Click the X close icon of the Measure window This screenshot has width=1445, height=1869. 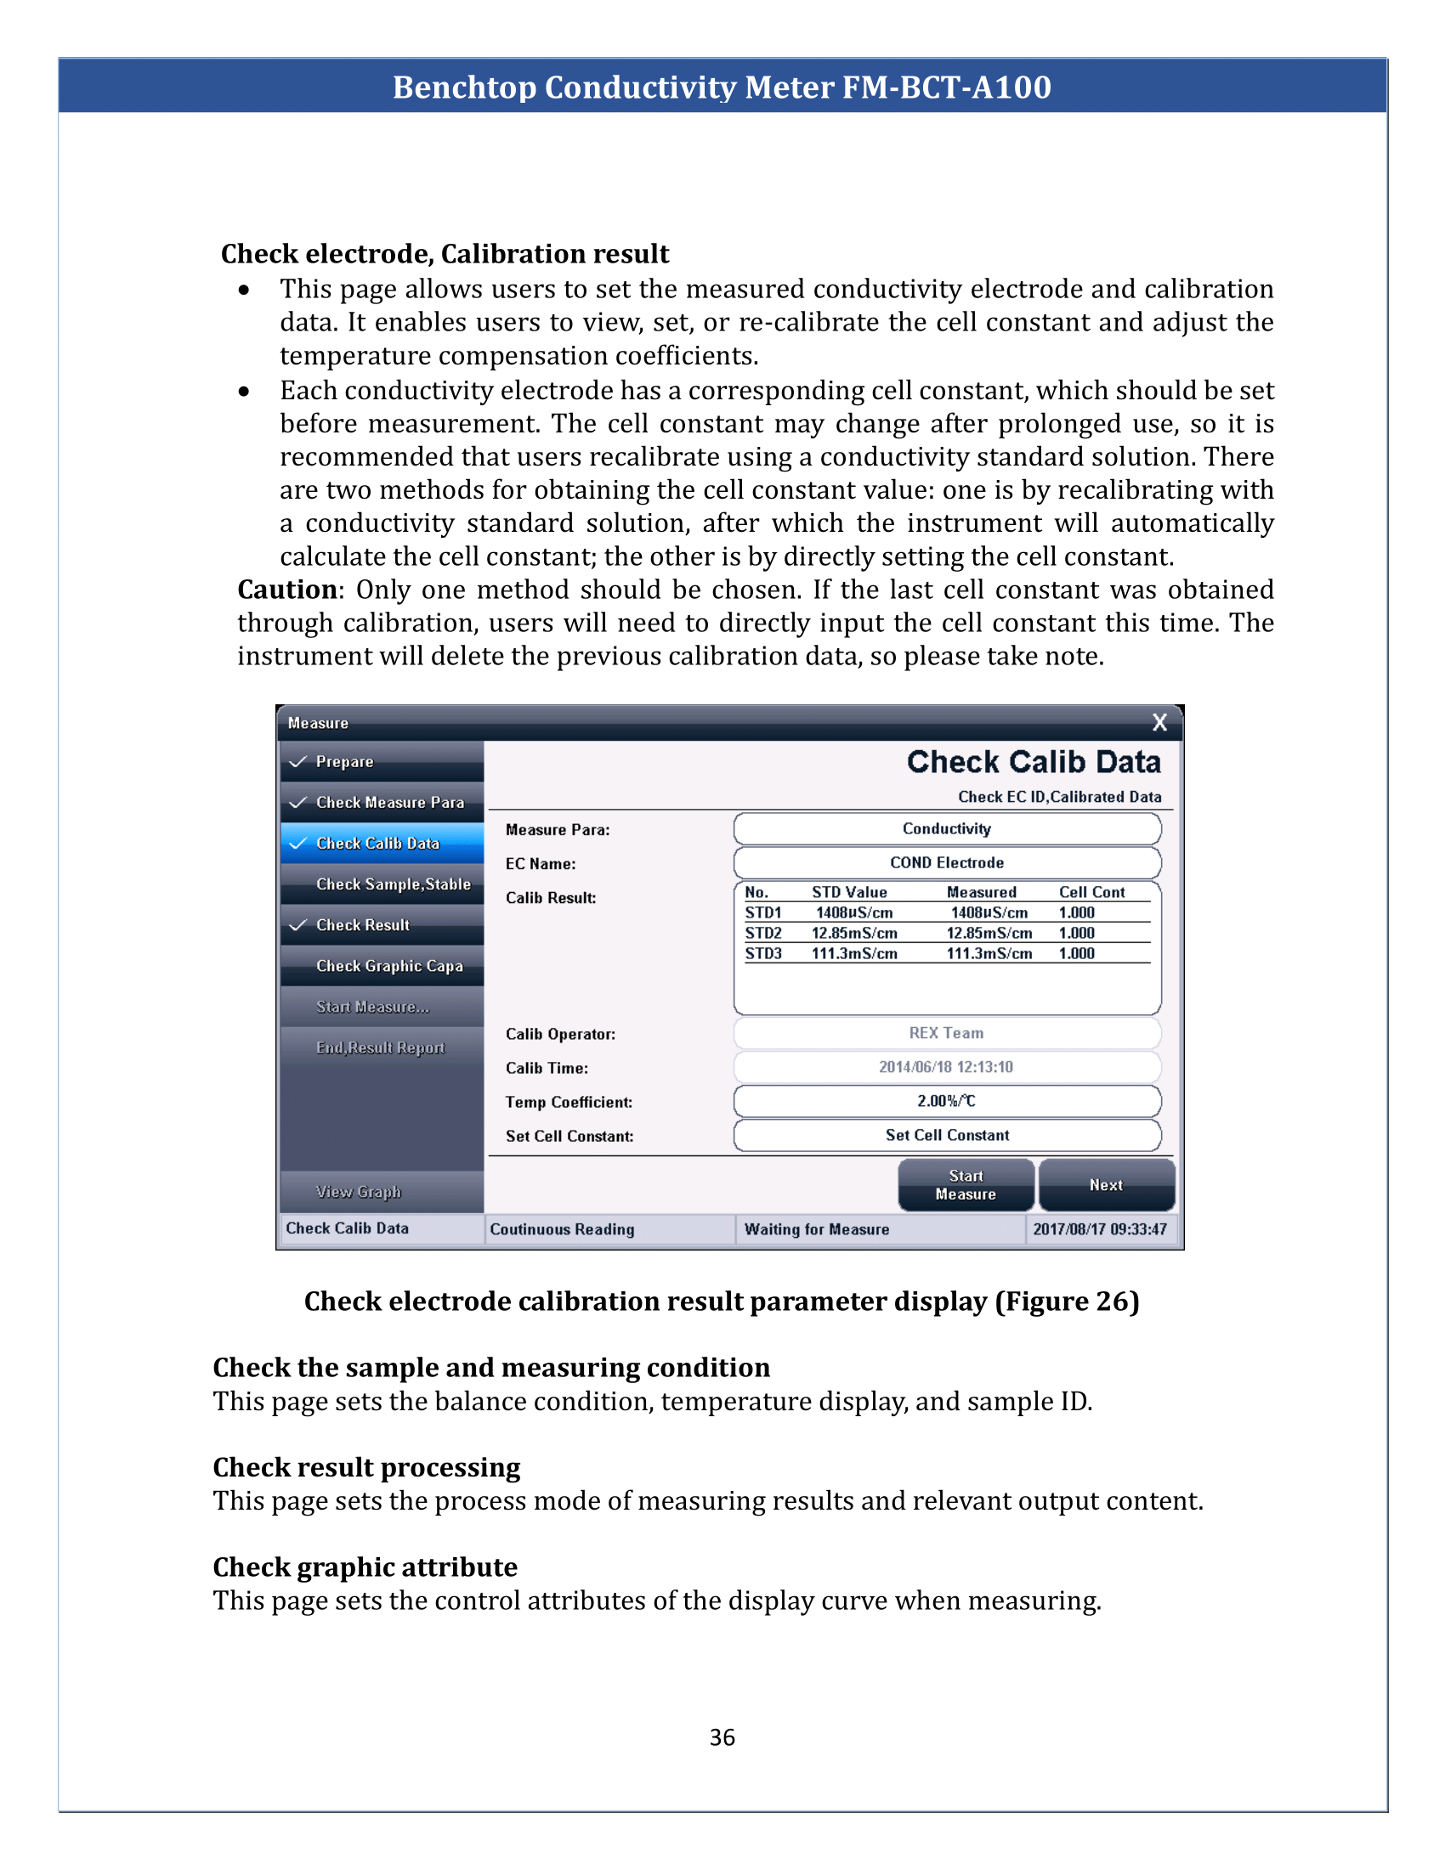[x=1159, y=722]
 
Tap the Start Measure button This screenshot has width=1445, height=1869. [x=966, y=1184]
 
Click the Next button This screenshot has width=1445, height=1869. [x=1106, y=1184]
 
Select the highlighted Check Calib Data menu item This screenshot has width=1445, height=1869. [x=382, y=843]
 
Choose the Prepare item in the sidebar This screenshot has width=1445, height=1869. [x=382, y=762]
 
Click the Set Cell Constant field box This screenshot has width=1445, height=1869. [x=947, y=1135]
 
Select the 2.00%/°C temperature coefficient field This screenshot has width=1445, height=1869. [x=947, y=1100]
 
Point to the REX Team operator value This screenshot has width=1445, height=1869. [x=946, y=1033]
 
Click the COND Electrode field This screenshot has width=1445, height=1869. [x=947, y=862]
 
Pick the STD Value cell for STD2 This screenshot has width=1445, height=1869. [x=854, y=933]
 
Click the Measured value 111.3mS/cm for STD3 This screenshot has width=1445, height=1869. [x=989, y=953]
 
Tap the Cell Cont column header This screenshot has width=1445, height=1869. [x=1091, y=892]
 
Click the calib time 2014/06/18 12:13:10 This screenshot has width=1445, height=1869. [x=946, y=1066]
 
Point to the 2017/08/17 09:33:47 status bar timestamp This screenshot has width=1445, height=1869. [x=1099, y=1229]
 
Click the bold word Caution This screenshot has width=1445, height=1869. [x=286, y=590]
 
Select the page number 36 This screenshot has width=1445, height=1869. [x=722, y=1737]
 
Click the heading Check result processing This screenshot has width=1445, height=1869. [x=366, y=1467]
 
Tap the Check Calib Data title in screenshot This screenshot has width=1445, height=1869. [x=1034, y=762]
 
